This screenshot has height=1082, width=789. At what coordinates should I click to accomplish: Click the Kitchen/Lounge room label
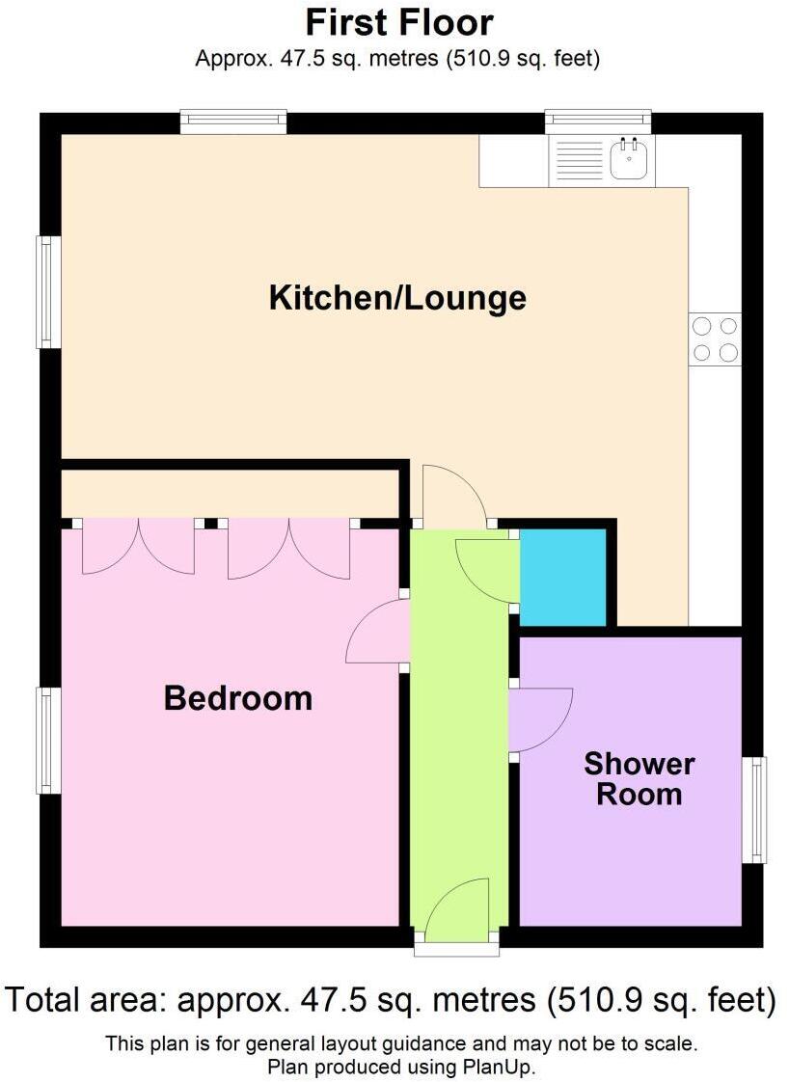(x=397, y=297)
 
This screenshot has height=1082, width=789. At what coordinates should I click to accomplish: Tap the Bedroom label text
(x=237, y=697)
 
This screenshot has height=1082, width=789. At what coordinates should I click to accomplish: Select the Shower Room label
(x=639, y=779)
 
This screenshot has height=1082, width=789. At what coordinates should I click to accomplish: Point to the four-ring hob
(x=715, y=339)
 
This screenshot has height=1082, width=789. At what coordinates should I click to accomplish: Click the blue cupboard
(x=563, y=577)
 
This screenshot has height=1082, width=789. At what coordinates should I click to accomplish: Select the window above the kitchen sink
(x=598, y=122)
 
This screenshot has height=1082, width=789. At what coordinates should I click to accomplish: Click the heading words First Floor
(x=398, y=23)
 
